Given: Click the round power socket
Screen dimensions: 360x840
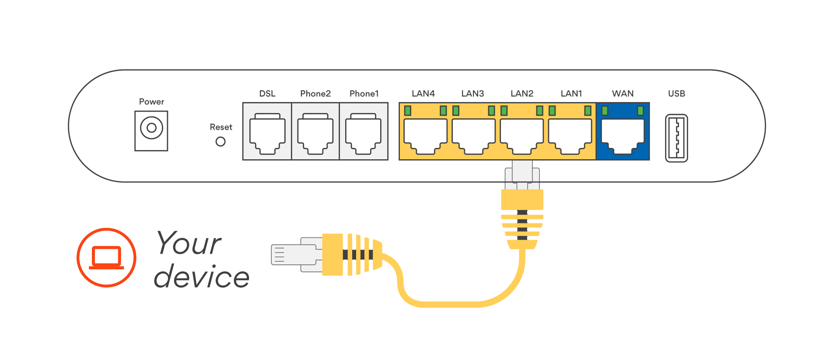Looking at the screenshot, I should click(x=151, y=128).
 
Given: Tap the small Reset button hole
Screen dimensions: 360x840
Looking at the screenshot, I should click(x=220, y=142).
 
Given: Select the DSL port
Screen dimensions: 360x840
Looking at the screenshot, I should click(x=267, y=134).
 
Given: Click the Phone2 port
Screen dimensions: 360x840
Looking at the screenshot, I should click(x=315, y=134).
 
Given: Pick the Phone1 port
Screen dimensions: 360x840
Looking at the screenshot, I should click(x=363, y=134).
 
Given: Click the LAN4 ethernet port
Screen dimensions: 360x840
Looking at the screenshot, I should click(x=425, y=136).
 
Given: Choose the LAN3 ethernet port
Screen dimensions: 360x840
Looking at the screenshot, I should click(x=473, y=136).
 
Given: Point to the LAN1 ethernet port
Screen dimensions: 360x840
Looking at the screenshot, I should click(x=570, y=136).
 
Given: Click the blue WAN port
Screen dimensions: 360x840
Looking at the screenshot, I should click(x=623, y=136).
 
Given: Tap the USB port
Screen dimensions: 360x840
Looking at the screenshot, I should click(x=676, y=138).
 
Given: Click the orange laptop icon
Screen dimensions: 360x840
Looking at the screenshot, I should click(x=106, y=257).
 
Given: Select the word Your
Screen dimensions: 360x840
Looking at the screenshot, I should click(x=189, y=243).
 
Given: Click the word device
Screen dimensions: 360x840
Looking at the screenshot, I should click(x=202, y=277).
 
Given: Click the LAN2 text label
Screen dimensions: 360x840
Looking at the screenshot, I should click(x=522, y=94).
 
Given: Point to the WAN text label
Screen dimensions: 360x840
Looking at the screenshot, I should click(x=623, y=94).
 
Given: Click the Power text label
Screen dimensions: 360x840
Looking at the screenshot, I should click(x=151, y=101).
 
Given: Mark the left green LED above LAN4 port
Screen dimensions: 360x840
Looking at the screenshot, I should click(x=408, y=111).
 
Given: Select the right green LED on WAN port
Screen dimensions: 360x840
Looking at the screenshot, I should click(x=640, y=111).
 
